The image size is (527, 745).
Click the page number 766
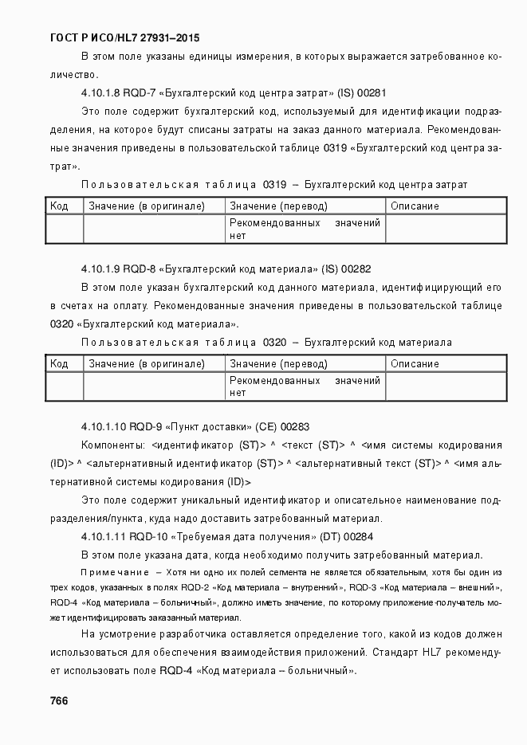[58, 700]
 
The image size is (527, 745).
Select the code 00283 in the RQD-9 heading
[294, 427]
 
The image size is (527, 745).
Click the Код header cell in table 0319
[59, 206]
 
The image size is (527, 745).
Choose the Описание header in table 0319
[415, 206]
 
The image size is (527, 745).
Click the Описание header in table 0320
[415, 364]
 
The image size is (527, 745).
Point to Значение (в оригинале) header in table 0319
[147, 206]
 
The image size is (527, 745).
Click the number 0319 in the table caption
[274, 185]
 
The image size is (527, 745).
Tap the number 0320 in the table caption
[274, 343]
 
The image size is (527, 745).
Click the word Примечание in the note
[116, 573]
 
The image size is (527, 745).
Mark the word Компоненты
[112, 445]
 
